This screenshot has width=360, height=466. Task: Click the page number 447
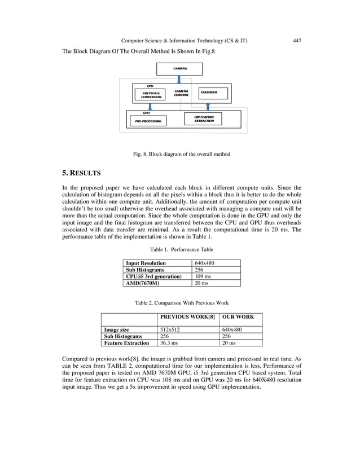click(297, 41)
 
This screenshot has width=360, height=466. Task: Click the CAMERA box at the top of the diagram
click(179, 68)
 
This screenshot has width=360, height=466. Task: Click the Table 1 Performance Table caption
click(181, 249)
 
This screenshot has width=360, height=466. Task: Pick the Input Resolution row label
click(146, 263)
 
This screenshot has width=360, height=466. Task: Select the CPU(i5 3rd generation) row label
click(153, 276)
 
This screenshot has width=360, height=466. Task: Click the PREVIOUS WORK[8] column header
click(187, 317)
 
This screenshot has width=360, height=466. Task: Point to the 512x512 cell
click(170, 329)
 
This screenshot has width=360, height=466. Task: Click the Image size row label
click(116, 329)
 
